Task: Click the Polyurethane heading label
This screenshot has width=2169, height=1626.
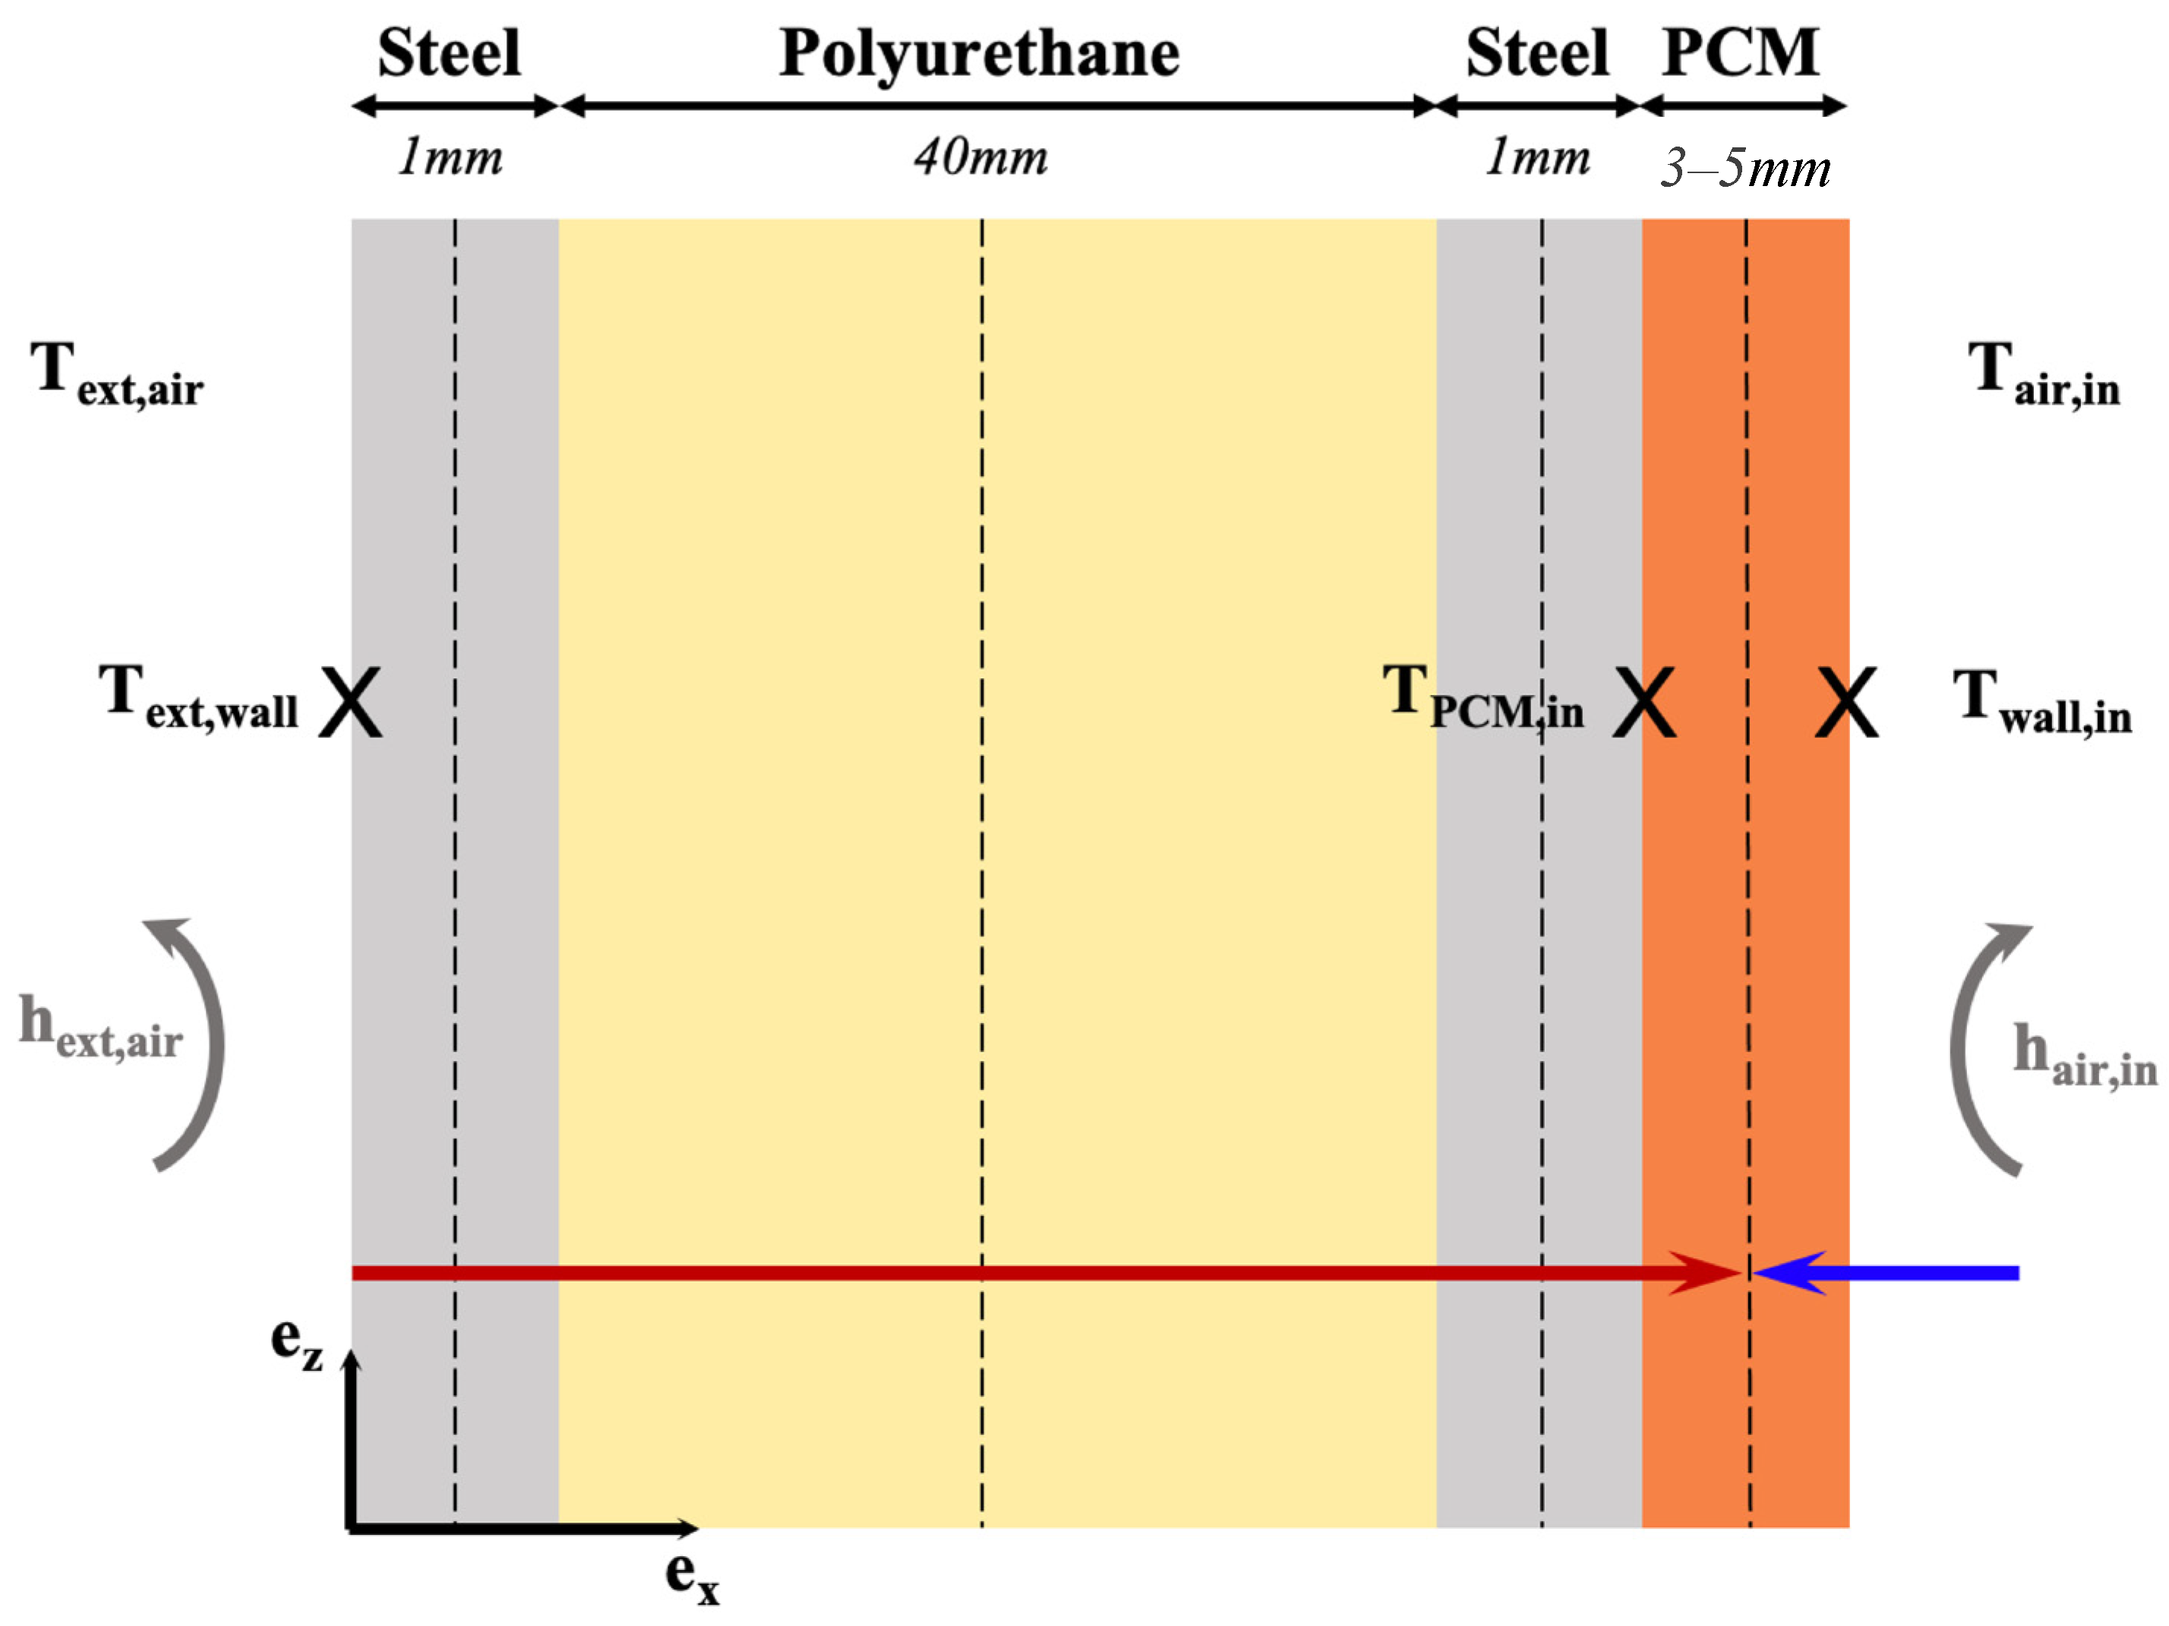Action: (979, 54)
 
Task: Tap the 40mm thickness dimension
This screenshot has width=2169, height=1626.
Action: (980, 157)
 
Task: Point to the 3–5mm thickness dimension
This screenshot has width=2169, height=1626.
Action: (1744, 168)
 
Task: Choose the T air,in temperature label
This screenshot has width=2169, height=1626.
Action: (2044, 373)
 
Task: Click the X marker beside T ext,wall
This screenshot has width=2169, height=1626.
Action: (351, 702)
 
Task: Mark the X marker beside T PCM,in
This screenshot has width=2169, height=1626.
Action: (1644, 702)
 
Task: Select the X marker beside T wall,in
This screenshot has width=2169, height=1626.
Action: (1846, 702)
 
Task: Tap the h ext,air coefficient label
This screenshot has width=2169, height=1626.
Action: (100, 1026)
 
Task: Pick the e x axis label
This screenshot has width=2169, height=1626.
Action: (691, 1577)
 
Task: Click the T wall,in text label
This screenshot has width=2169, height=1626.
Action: (2041, 702)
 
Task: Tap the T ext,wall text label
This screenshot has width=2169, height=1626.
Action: (198, 697)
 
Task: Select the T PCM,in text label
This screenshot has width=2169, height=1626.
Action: (1482, 697)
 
